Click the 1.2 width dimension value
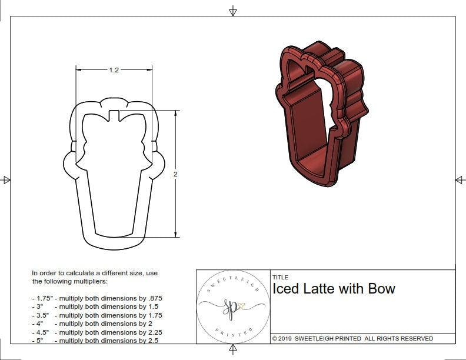(x=114, y=70)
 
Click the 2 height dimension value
(x=175, y=174)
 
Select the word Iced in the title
(x=286, y=289)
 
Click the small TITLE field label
(x=280, y=277)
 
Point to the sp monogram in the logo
(x=232, y=306)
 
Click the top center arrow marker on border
(x=233, y=10)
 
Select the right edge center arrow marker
(x=460, y=179)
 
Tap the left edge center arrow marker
(x=6, y=179)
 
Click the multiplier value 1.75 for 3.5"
(x=154, y=315)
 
